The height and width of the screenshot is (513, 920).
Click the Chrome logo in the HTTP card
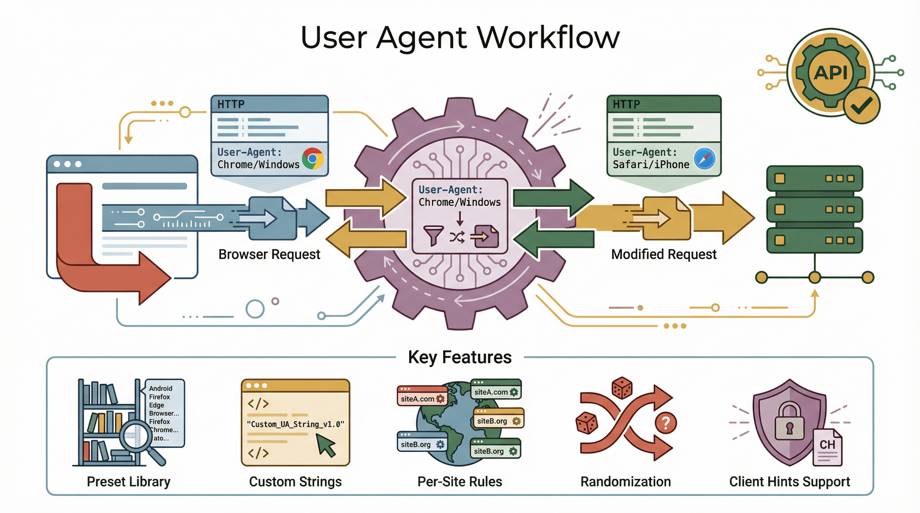pos(312,159)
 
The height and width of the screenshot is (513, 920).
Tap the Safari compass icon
pos(704,159)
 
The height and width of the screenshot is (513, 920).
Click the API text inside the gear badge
pos(830,73)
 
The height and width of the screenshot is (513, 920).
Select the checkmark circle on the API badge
pos(861,106)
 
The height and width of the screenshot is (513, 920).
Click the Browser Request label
pos(269,255)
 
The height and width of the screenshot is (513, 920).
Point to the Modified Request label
pos(663,255)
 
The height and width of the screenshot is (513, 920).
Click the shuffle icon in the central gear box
pos(457,237)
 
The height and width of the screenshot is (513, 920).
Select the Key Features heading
pos(460,357)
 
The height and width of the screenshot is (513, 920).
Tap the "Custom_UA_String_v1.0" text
pos(295,424)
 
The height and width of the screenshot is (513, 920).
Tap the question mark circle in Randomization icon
pos(666,423)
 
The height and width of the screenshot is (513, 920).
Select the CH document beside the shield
pos(827,448)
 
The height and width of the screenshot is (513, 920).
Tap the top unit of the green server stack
pos(814,178)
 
